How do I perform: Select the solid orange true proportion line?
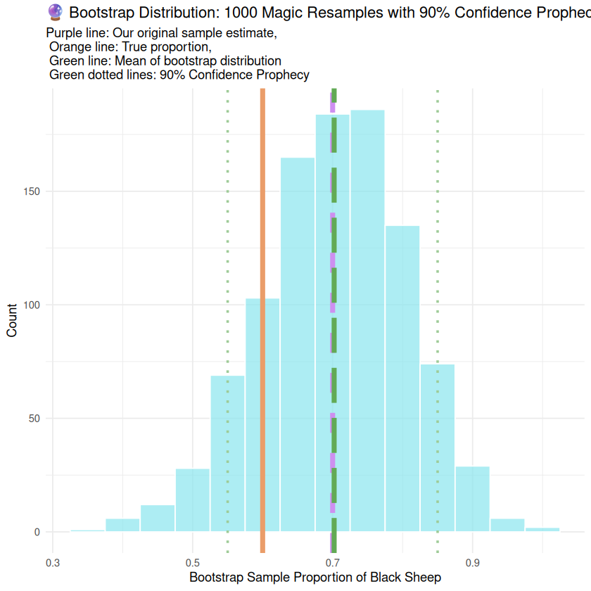tap(262, 211)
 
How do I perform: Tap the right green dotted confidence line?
tap(438, 211)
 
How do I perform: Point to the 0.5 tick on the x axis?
tap(193, 563)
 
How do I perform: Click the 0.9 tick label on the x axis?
tap(472, 563)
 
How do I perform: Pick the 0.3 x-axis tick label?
tap(52, 563)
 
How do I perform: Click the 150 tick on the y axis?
tap(33, 191)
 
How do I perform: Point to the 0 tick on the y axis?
tap(38, 532)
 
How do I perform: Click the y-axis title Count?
tap(13, 320)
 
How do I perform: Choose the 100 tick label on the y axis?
tap(33, 305)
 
